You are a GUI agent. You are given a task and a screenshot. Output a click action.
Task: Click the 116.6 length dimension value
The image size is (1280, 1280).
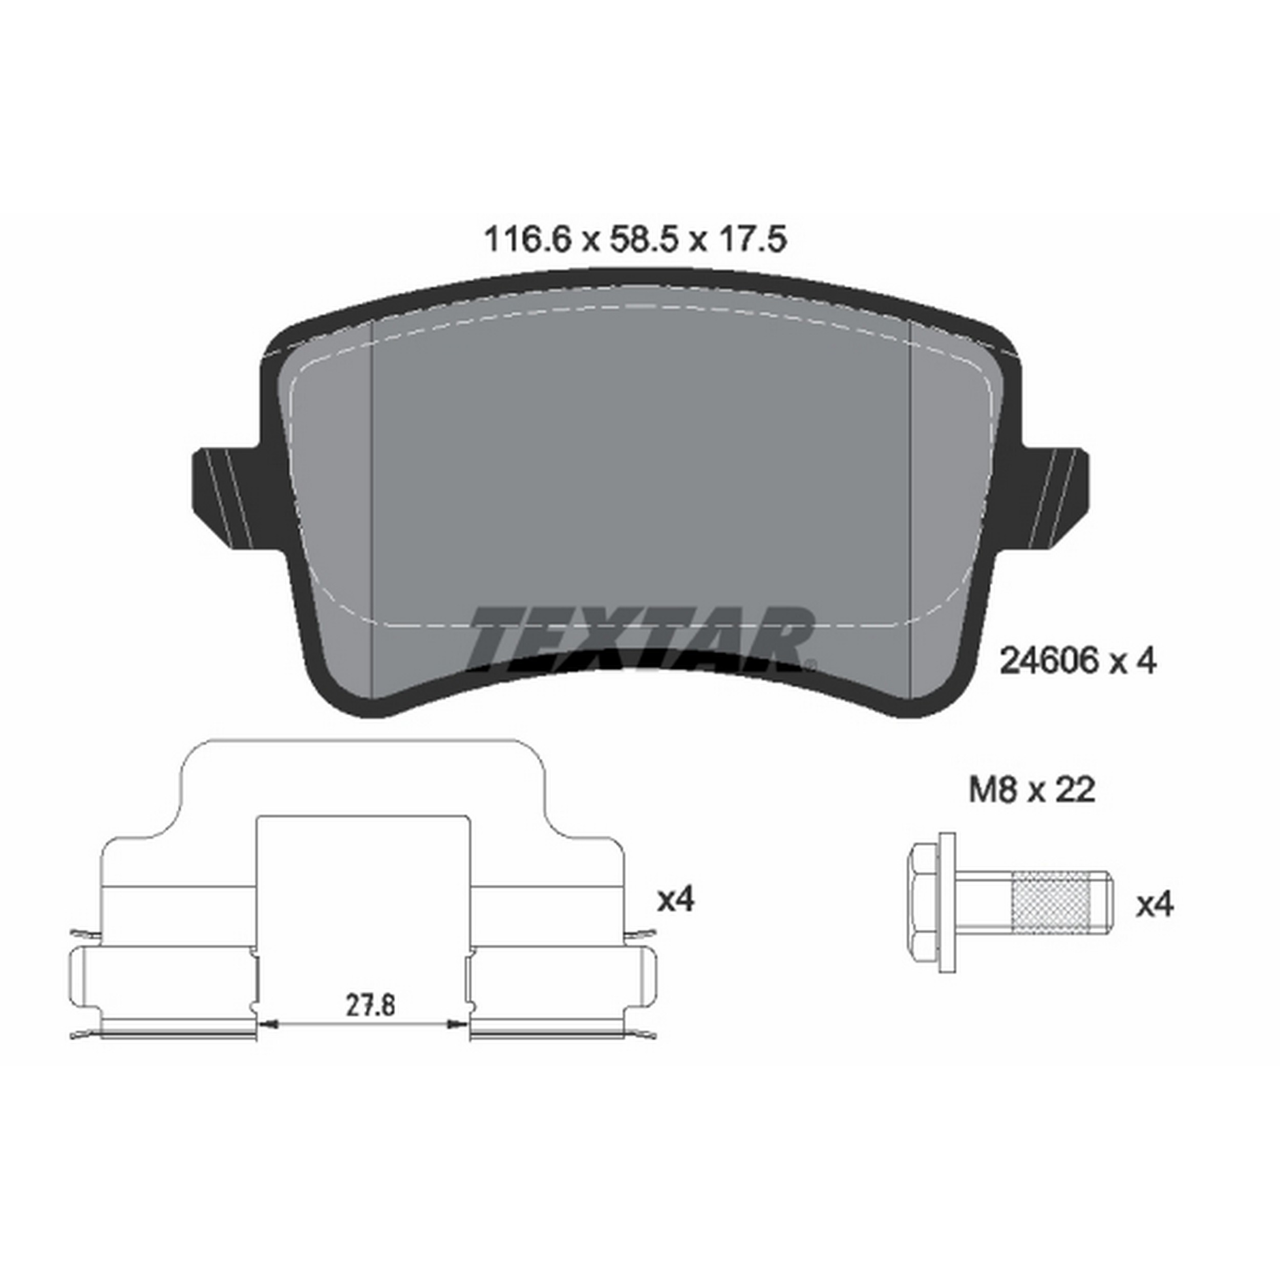527,239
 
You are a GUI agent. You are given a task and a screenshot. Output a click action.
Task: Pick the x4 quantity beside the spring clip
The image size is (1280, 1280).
675,900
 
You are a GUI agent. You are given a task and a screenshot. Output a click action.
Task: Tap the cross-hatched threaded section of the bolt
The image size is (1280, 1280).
1052,902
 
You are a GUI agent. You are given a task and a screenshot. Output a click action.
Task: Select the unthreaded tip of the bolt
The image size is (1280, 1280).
1102,902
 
